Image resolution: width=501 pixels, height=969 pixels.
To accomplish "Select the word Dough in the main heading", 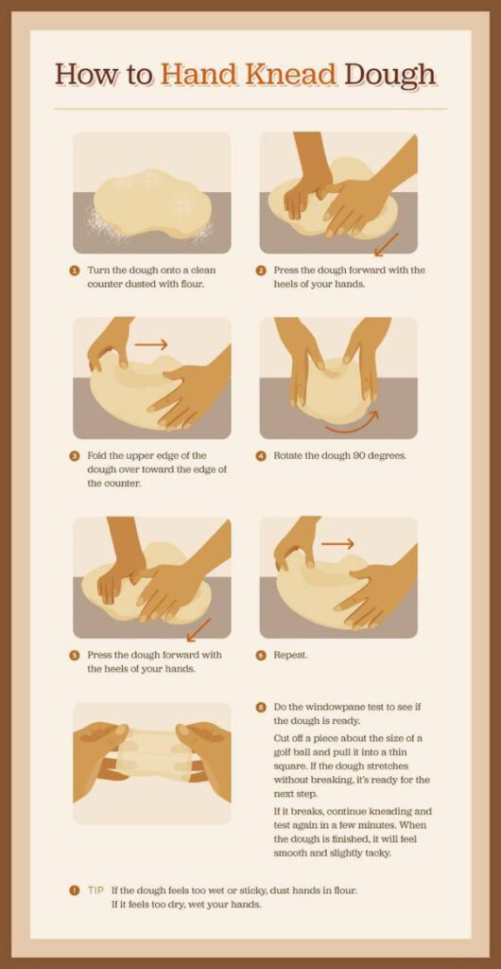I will click(x=390, y=74).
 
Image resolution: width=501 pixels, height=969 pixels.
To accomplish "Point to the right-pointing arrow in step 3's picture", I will click(x=150, y=345).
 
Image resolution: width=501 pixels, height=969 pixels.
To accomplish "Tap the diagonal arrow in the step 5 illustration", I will click(x=199, y=629).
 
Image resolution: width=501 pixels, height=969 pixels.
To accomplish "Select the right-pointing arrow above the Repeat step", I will click(x=337, y=543).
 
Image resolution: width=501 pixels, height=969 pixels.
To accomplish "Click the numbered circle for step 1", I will click(x=74, y=270).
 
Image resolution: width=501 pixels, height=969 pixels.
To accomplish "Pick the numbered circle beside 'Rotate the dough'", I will click(x=260, y=455).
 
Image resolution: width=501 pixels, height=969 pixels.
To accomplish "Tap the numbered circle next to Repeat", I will click(x=260, y=655).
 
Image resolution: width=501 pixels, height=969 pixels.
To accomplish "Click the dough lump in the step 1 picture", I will click(x=150, y=203).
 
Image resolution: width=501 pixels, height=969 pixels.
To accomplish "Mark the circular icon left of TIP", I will click(x=74, y=890).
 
